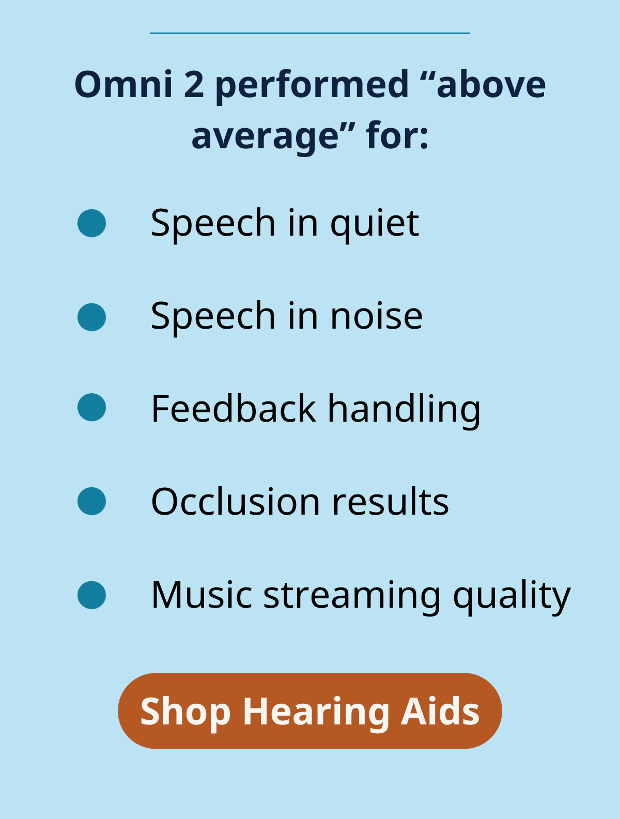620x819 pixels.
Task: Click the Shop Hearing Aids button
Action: coord(309,711)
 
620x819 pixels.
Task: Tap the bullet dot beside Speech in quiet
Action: coord(91,223)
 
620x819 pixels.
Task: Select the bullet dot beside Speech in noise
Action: coord(91,317)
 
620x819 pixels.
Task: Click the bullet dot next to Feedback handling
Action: coord(91,407)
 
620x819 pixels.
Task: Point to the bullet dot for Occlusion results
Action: coord(91,501)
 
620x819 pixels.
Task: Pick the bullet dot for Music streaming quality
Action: coord(91,595)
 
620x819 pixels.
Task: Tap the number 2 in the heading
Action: coord(194,85)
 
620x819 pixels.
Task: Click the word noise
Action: coord(377,316)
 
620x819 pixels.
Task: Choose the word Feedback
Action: coord(234,409)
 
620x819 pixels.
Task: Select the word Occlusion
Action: coord(236,501)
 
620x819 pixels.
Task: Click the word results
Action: coord(390,502)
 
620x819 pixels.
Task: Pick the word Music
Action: coord(202,595)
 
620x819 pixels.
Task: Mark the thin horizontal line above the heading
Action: coord(310,33)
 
